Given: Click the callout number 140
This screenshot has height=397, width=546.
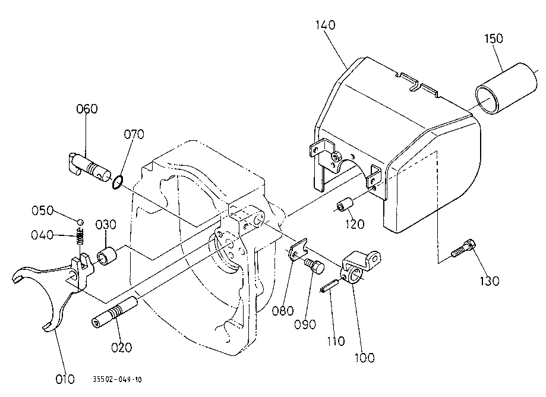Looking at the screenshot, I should pos(326,26).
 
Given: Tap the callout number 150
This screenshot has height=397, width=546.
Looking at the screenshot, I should pos(493,39).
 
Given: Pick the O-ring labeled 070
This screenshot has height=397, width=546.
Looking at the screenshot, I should pos(118,181).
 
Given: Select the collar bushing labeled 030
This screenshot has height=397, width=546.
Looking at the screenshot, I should pos(106,256).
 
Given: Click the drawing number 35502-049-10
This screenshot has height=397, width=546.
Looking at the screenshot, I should pos(117,379).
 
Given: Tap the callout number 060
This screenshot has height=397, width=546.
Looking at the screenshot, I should pos(87,109).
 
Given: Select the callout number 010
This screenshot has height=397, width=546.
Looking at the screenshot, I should pos(65,378).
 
